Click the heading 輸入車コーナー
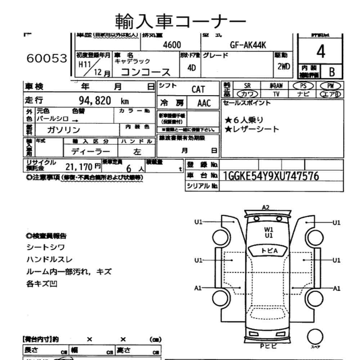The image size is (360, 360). pos(180,21)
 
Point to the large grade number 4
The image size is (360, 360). pos(320,53)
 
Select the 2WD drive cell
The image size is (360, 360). pos(284,67)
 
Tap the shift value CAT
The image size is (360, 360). pos(198,90)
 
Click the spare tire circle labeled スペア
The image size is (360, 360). pos(314,337)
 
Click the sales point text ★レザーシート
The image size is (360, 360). pos(252,129)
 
